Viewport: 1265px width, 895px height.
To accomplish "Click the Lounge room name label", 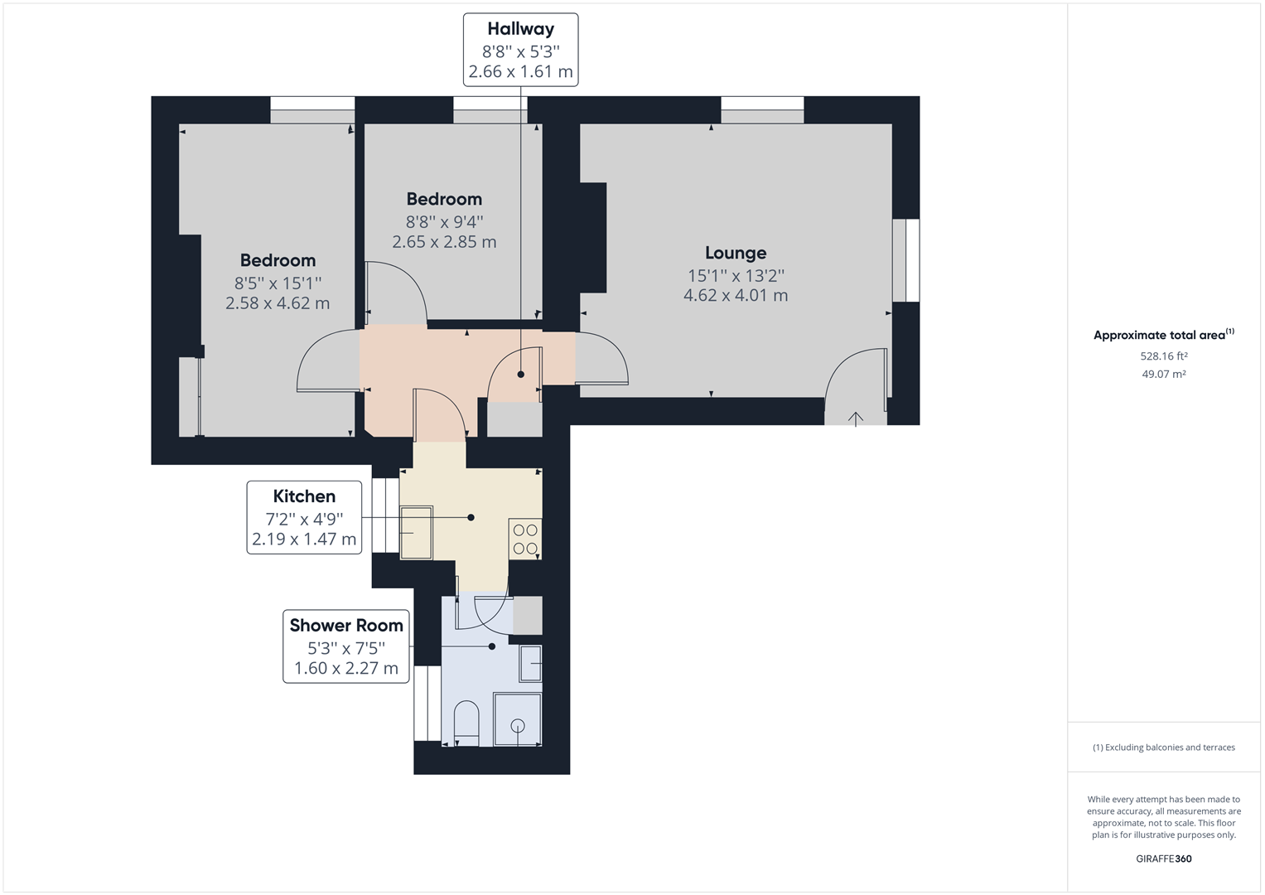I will click(736, 253).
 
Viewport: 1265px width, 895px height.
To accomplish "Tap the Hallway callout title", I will click(520, 29).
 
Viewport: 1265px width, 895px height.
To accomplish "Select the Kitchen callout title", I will click(304, 496).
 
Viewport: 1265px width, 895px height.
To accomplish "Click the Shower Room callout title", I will click(346, 626).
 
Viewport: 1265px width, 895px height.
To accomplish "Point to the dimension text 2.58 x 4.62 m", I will click(278, 303).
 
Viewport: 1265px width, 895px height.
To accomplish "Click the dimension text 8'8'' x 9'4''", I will click(444, 221).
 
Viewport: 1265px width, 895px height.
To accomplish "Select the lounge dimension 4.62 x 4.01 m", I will click(736, 295).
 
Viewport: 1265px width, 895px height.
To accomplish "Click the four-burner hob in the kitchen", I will click(525, 539).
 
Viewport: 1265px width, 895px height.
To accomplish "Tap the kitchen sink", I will click(417, 532).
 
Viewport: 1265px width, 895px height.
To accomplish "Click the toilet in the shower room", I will click(467, 723).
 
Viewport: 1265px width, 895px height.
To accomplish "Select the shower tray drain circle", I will click(518, 726).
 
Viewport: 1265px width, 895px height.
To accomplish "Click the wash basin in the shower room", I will click(530, 663).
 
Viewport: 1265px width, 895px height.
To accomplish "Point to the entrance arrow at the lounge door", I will click(856, 418).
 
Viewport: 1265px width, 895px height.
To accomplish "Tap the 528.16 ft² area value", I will click(1164, 356).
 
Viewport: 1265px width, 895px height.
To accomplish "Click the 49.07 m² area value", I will click(1164, 374).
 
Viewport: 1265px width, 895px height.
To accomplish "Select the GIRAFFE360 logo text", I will click(1163, 859).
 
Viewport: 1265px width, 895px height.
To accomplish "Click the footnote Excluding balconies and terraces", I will click(1164, 747).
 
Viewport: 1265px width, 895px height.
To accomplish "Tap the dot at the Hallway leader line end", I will click(521, 375).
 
